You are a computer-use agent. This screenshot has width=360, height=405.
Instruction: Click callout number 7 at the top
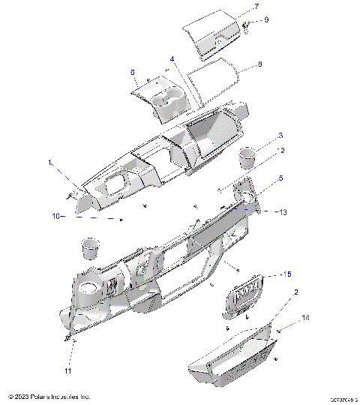pos(256,7)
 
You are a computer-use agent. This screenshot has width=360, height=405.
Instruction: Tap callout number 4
pos(172,58)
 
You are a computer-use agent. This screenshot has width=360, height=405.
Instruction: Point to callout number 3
pos(280,136)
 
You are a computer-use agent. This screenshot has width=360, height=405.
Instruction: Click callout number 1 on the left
pos(51,162)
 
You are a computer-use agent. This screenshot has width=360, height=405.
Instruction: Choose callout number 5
pos(280,178)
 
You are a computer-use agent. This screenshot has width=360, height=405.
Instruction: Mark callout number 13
pos(283,212)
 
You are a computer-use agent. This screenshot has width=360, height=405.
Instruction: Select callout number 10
pos(55,216)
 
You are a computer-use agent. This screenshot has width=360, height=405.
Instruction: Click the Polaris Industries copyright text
pos(49,396)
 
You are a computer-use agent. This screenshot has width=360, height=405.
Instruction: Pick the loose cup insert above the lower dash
pos(90,248)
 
